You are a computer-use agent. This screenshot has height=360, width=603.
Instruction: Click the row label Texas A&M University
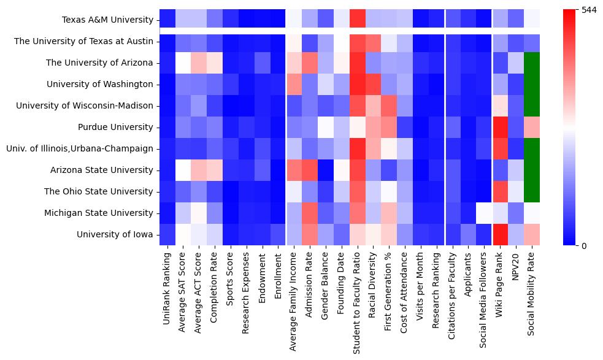[107, 20]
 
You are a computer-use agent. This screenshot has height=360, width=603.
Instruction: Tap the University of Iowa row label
[115, 234]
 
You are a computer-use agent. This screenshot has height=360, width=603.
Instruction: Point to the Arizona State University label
[110, 170]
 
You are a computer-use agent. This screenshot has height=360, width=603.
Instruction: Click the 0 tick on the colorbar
[583, 245]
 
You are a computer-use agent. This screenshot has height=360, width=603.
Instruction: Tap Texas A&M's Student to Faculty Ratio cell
[358, 20]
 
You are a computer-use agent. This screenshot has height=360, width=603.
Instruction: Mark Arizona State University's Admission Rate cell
[310, 170]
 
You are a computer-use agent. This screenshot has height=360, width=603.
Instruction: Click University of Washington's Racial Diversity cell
[374, 84]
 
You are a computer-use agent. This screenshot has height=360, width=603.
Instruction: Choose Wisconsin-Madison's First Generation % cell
[390, 105]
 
